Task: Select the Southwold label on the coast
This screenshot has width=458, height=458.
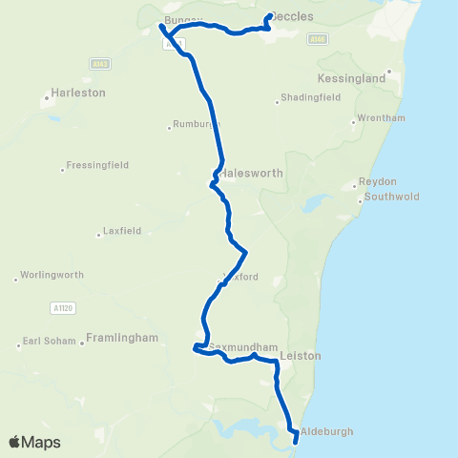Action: tap(391, 200)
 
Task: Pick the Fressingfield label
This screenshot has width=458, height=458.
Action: tap(98, 166)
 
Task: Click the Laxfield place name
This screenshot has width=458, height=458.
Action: tap(123, 231)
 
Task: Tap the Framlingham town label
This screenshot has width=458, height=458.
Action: tap(121, 338)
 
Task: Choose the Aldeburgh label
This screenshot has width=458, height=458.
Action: tap(326, 431)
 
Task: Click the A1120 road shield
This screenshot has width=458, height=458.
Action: tap(59, 308)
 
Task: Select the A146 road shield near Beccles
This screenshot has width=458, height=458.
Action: tap(318, 39)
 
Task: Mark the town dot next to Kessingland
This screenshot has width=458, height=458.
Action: tap(389, 73)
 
